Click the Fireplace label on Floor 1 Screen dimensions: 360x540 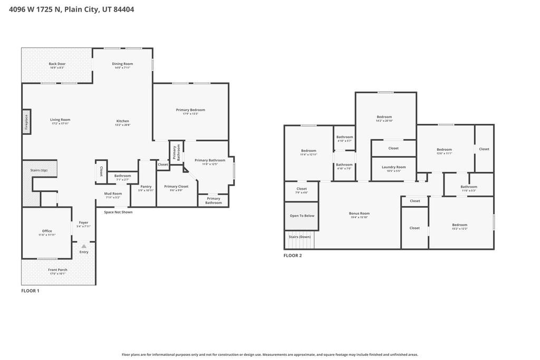[26, 122]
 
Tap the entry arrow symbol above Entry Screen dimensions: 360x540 [84, 246]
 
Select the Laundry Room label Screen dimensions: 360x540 [393, 167]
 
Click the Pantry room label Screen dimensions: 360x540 [146, 186]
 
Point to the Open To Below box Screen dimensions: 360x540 [302, 216]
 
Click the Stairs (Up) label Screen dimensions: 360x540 [39, 170]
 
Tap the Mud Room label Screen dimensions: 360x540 [113, 193]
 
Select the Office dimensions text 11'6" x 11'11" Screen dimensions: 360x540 [47, 235]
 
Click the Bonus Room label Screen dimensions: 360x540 [359, 213]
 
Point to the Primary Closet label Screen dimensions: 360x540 [176, 186]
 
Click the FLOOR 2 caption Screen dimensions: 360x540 [293, 256]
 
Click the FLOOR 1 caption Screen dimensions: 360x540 [30, 290]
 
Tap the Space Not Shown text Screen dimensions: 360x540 [118, 212]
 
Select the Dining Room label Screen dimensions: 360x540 [122, 64]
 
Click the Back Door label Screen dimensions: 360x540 [57, 64]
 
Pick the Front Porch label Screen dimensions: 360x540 [57, 270]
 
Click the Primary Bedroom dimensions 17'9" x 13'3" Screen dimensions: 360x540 [190, 114]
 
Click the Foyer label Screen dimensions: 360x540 [83, 222]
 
